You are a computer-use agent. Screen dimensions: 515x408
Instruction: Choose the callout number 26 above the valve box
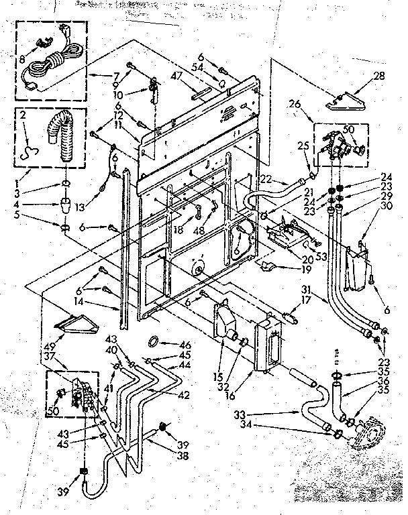point(293,105)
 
